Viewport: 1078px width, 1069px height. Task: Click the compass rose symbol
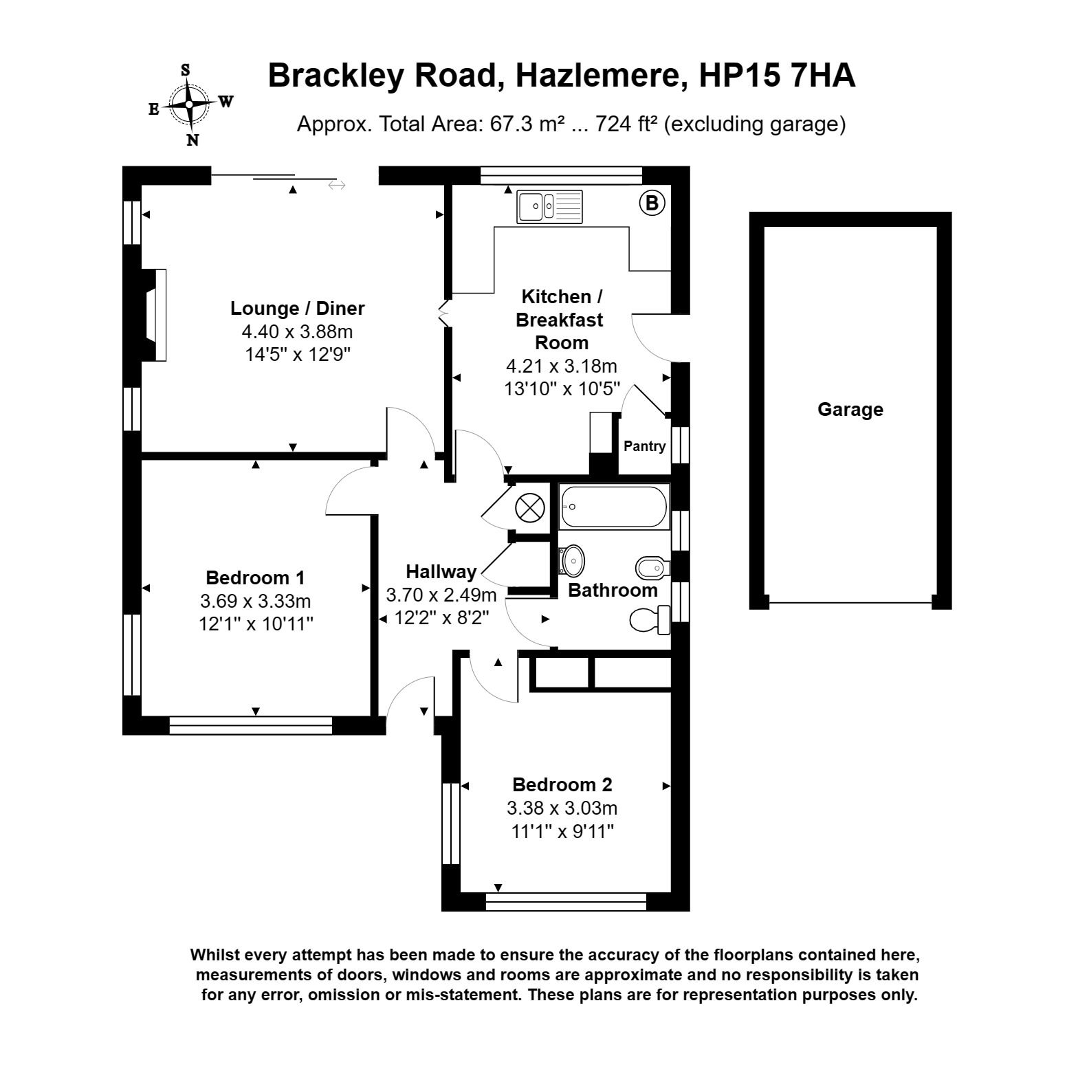click(189, 105)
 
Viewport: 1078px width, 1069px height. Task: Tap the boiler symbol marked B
click(652, 203)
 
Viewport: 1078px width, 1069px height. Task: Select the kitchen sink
click(549, 206)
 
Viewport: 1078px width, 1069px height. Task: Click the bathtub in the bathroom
click(614, 507)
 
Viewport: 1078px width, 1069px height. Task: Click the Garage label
click(850, 410)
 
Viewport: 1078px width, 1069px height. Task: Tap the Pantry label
click(644, 446)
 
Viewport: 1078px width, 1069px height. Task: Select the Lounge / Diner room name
click(297, 309)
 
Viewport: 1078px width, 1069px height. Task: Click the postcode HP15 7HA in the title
click(776, 76)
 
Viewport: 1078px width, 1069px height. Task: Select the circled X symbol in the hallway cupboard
click(530, 509)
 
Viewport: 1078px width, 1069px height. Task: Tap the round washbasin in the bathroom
click(572, 561)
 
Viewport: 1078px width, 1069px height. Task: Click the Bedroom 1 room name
click(255, 577)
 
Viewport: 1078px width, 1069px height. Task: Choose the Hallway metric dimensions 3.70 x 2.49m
click(441, 595)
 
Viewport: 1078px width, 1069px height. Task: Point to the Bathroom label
click(612, 591)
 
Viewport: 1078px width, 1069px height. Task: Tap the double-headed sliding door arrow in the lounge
click(337, 185)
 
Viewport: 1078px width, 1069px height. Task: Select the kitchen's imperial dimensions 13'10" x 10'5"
click(562, 389)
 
